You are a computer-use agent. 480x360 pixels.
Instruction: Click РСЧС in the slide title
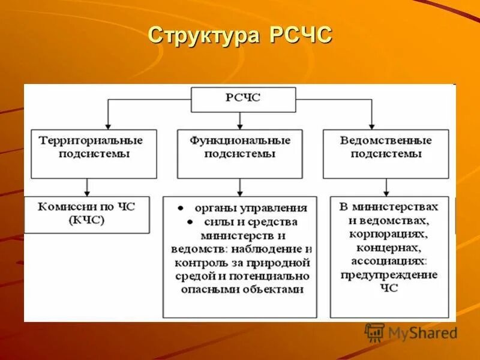click(x=299, y=35)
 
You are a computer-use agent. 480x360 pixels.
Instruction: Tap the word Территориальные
click(x=91, y=140)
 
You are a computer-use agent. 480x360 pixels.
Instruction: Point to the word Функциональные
click(x=240, y=140)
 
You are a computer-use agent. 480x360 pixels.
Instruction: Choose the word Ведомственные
click(x=386, y=140)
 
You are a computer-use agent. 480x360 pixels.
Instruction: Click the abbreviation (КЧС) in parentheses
click(x=87, y=220)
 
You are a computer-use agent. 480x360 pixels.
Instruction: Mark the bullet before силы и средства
click(x=188, y=222)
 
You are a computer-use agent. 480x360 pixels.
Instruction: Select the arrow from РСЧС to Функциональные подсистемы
click(x=240, y=121)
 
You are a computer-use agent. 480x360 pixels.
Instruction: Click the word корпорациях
click(x=388, y=234)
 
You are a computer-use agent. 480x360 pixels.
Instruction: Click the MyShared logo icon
click(x=374, y=332)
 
